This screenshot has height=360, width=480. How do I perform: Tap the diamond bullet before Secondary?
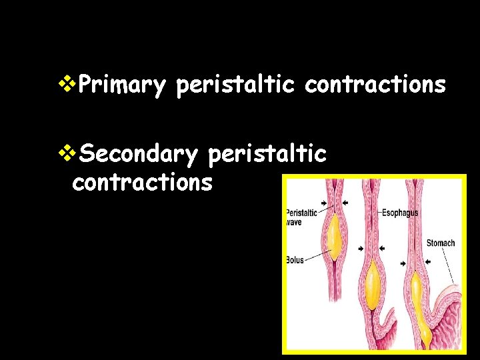click(x=67, y=153)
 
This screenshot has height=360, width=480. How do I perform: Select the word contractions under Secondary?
click(x=142, y=182)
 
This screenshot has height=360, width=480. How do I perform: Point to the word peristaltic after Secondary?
click(x=267, y=154)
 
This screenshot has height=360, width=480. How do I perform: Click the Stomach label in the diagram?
click(x=441, y=243)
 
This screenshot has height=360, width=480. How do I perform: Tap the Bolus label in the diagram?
click(x=295, y=259)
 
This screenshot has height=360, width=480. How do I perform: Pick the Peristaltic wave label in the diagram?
click(x=301, y=217)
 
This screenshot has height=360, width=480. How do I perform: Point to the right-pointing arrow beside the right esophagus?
click(x=403, y=263)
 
